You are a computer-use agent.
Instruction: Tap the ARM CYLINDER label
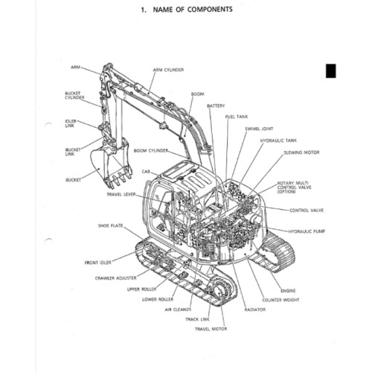(x=169, y=69)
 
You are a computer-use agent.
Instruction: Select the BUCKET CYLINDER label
(x=74, y=95)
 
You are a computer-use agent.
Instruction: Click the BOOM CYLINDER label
(x=152, y=150)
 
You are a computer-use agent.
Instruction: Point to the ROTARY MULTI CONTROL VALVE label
(x=294, y=187)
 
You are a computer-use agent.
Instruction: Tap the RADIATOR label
(x=255, y=309)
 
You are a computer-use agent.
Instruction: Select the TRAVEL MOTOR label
(x=212, y=327)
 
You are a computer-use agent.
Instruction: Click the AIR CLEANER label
(x=179, y=310)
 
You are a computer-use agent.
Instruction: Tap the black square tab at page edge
(x=331, y=71)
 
